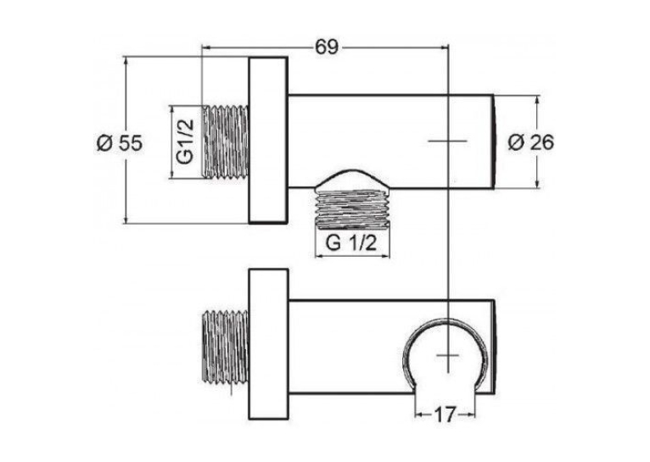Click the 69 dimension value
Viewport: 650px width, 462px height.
[327, 47]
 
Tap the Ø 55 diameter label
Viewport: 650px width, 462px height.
[120, 143]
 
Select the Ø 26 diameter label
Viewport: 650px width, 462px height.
[530, 142]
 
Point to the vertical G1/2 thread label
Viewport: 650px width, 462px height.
[185, 142]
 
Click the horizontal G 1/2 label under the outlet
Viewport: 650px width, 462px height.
[351, 242]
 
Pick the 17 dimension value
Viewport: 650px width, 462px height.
[445, 415]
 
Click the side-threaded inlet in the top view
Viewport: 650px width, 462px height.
[226, 142]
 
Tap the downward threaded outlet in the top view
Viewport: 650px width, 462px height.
[352, 209]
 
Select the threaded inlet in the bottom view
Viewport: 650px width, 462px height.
[225, 347]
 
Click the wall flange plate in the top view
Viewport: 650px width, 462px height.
[268, 141]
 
